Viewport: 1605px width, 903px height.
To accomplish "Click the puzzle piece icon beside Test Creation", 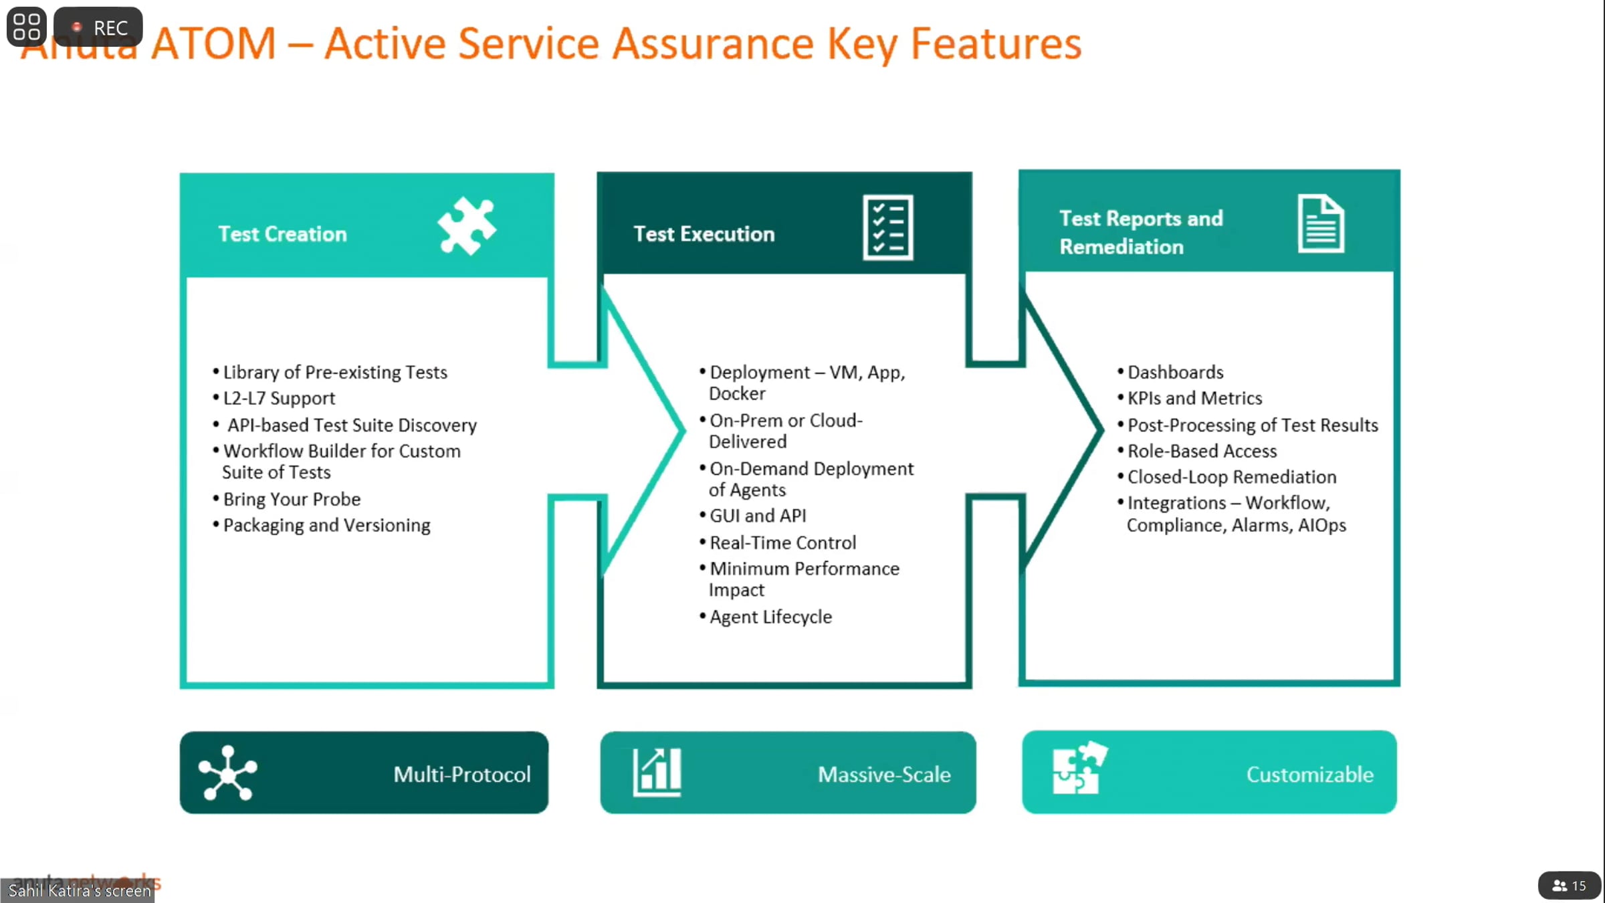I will (x=467, y=226).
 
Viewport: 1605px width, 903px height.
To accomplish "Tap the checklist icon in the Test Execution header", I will (x=887, y=227).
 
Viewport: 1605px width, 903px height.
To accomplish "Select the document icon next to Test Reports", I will (x=1321, y=223).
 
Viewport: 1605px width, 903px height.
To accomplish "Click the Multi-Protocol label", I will (x=461, y=774).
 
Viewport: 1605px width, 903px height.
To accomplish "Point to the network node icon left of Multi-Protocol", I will (x=228, y=773).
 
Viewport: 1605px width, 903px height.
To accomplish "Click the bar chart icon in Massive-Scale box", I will (x=657, y=772).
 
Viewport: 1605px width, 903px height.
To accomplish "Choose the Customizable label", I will (x=1309, y=774).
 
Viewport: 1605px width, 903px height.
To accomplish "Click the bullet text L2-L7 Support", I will (x=279, y=398).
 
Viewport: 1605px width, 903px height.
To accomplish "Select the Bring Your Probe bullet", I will (x=292, y=499).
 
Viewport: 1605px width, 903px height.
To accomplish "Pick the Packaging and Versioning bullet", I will (x=326, y=525).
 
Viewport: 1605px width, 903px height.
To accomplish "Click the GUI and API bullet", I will (x=758, y=516).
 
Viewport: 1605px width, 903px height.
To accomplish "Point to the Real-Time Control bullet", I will (x=782, y=542).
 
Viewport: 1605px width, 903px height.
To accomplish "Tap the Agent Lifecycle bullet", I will (x=770, y=617).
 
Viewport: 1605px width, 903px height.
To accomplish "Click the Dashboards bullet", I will (x=1175, y=372).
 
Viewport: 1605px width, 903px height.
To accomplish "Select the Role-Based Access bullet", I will (x=1202, y=451).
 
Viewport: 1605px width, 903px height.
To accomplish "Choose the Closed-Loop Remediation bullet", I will (x=1231, y=477).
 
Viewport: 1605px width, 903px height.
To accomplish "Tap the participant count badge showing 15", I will (x=1569, y=886).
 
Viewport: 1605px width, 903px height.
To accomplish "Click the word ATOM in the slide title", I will (x=213, y=44).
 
